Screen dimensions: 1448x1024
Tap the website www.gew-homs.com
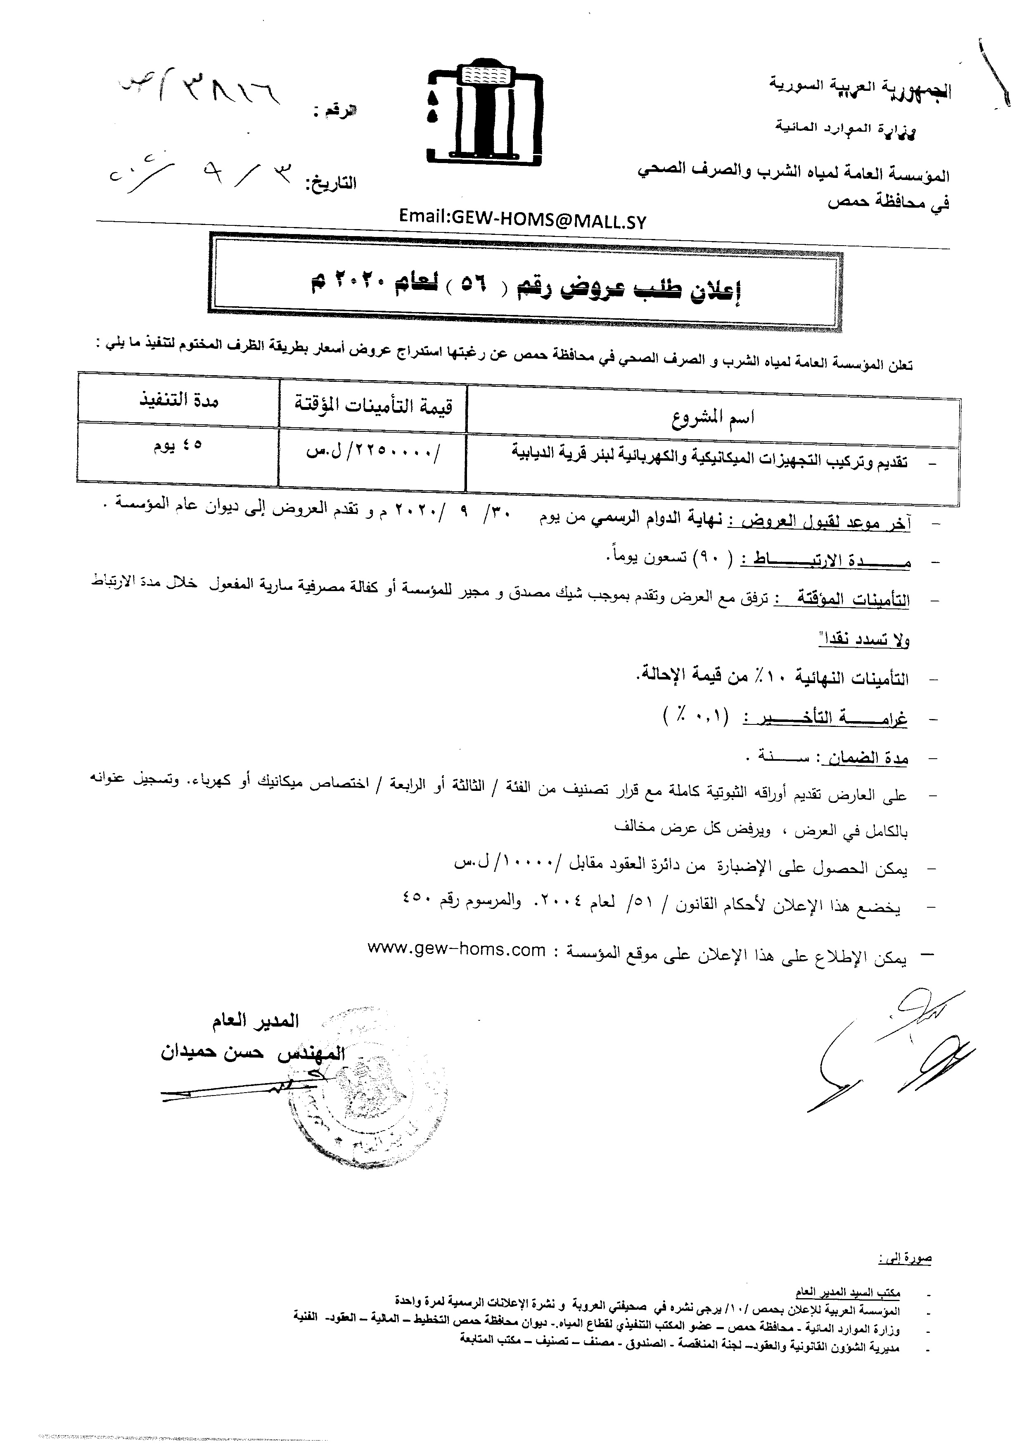(x=456, y=951)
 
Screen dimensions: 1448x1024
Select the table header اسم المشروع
(x=713, y=417)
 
